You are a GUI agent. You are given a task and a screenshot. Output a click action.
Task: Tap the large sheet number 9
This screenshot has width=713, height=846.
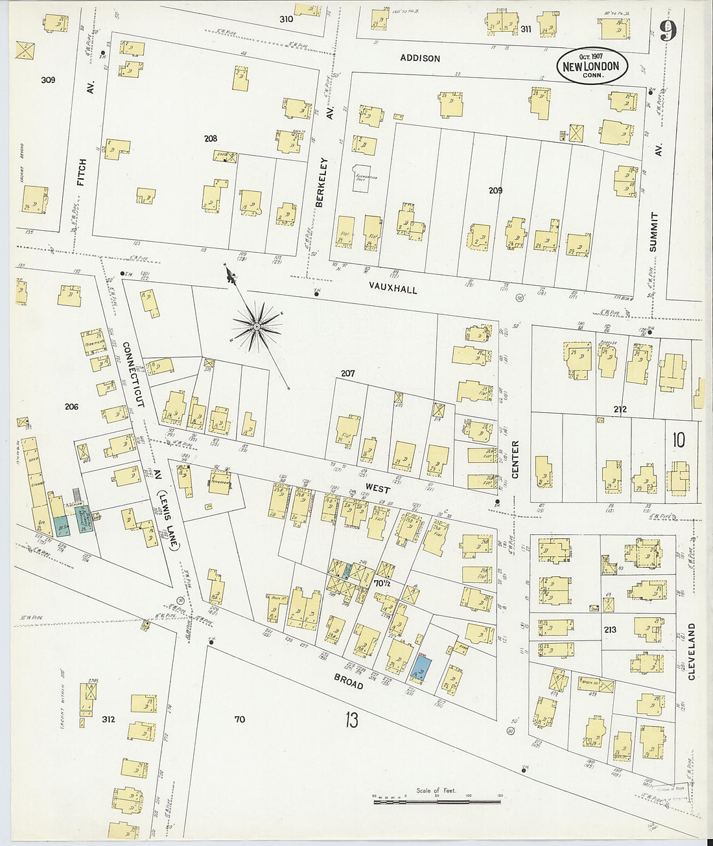pos(668,30)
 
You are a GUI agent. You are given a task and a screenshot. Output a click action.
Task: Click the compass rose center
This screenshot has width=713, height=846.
pos(257,327)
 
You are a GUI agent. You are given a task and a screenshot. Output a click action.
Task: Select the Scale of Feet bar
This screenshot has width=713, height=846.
pos(436,801)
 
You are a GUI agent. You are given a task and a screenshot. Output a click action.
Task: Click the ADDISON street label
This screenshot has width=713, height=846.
pos(420,58)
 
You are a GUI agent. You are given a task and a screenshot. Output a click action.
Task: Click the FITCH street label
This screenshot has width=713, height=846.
pos(81,172)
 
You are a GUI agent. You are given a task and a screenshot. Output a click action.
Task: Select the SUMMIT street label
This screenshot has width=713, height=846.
pos(653,231)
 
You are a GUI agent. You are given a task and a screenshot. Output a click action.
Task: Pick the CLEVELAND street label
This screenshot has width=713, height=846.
pos(691,652)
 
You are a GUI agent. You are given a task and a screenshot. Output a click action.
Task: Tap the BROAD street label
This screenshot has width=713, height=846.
pos(348,681)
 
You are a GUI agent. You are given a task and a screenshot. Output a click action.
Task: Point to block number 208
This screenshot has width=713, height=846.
pos(210,138)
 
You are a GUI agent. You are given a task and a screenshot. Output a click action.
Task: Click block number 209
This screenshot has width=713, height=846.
pos(495,191)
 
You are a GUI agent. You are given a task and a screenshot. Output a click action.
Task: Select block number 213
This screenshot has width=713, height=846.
pos(609,629)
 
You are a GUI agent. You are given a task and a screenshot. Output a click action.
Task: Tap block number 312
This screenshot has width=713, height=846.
pos(108,719)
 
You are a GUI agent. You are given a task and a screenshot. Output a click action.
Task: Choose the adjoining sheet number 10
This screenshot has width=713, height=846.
pos(678,440)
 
